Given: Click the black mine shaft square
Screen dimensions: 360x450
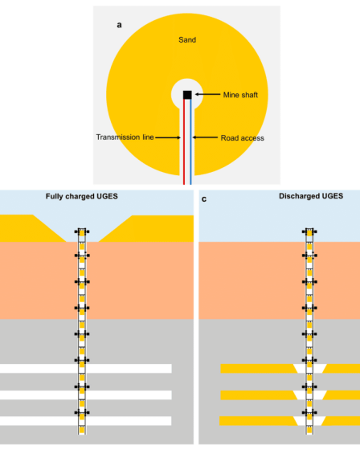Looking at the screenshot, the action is click(187, 95).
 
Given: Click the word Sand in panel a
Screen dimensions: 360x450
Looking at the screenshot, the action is click(187, 40).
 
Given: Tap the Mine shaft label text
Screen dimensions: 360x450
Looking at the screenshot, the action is click(240, 95).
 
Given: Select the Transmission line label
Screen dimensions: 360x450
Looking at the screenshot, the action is click(125, 137).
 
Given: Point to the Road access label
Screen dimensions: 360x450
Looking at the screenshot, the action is click(243, 138).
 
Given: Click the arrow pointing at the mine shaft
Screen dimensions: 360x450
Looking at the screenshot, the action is click(207, 94).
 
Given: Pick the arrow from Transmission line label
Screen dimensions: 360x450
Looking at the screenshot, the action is click(168, 137).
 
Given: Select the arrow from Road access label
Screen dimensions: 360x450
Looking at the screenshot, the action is click(205, 137).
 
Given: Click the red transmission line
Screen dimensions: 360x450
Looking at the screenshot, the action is click(184, 141).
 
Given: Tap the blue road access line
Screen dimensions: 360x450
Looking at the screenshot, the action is click(190, 141).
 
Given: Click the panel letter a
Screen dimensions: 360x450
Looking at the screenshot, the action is click(119, 25).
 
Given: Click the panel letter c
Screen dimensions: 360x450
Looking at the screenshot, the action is click(204, 199).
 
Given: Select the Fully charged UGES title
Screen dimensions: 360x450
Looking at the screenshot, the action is click(82, 196).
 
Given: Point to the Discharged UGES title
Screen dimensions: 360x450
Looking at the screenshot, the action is click(311, 196).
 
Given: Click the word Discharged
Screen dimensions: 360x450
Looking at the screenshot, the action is click(299, 196).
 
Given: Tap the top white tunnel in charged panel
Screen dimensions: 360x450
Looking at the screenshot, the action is click(86, 369).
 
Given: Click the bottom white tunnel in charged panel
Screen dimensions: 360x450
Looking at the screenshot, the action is click(85, 421).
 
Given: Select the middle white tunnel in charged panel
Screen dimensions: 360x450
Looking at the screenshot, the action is click(86, 395).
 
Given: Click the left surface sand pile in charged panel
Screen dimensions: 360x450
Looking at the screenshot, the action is click(29, 228).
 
